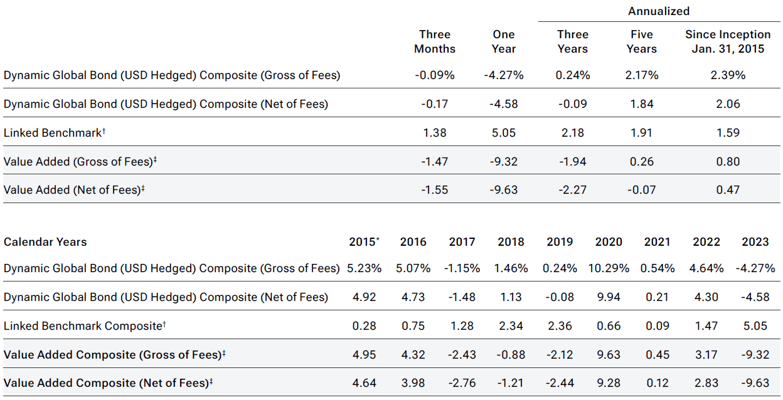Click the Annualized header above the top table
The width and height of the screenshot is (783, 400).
(659, 11)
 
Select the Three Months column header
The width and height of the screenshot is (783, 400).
(435, 41)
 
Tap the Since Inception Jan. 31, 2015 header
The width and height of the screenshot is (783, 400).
(728, 41)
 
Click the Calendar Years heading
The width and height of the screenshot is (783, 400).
(45, 242)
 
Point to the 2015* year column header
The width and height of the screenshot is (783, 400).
(365, 242)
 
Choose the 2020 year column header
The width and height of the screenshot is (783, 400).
(609, 242)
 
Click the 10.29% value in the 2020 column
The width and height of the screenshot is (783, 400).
(609, 268)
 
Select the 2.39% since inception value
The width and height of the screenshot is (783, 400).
(728, 75)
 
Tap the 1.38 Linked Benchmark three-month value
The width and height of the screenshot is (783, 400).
(435, 133)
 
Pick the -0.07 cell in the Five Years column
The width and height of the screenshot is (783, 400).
(641, 190)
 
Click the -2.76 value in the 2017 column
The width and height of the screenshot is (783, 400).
(462, 383)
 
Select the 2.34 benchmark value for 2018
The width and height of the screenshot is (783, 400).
(511, 326)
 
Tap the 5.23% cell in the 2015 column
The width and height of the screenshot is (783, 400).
(365, 268)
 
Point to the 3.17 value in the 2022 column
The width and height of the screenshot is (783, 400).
(706, 355)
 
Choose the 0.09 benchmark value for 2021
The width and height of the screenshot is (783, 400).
(658, 326)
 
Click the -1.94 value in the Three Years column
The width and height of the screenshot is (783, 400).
(572, 162)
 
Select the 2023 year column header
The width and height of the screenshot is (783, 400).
(755, 242)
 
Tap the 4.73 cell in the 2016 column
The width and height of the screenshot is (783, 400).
(413, 297)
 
